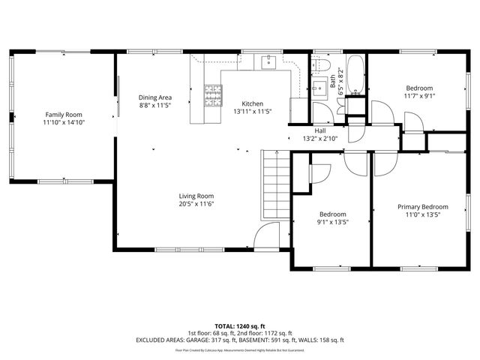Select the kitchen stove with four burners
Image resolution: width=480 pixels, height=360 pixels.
point(213,94)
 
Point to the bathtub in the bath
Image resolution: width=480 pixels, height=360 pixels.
point(355,75)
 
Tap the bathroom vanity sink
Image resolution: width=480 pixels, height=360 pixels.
point(322,84)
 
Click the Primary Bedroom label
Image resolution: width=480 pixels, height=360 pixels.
point(422,207)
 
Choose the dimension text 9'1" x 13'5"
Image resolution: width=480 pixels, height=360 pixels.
point(333,222)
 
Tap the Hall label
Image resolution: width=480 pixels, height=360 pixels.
point(319,130)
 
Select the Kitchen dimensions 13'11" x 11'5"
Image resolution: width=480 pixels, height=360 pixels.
point(252,112)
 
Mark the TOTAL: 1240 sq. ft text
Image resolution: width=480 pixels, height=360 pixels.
point(239,326)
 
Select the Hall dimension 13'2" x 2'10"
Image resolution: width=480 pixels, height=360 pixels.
point(320,138)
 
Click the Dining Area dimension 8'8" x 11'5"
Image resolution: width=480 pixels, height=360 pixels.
point(155,106)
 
